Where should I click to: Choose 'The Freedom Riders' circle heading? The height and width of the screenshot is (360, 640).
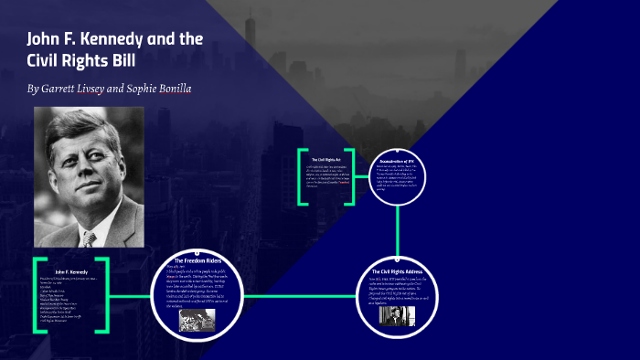(198, 261)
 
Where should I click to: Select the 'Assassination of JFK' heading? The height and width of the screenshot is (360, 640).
(397, 161)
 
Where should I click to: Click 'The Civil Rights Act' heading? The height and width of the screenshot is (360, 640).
(325, 160)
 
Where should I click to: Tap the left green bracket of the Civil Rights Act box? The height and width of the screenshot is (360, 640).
(302, 175)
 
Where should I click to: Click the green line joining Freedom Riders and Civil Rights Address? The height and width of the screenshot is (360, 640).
(302, 296)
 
